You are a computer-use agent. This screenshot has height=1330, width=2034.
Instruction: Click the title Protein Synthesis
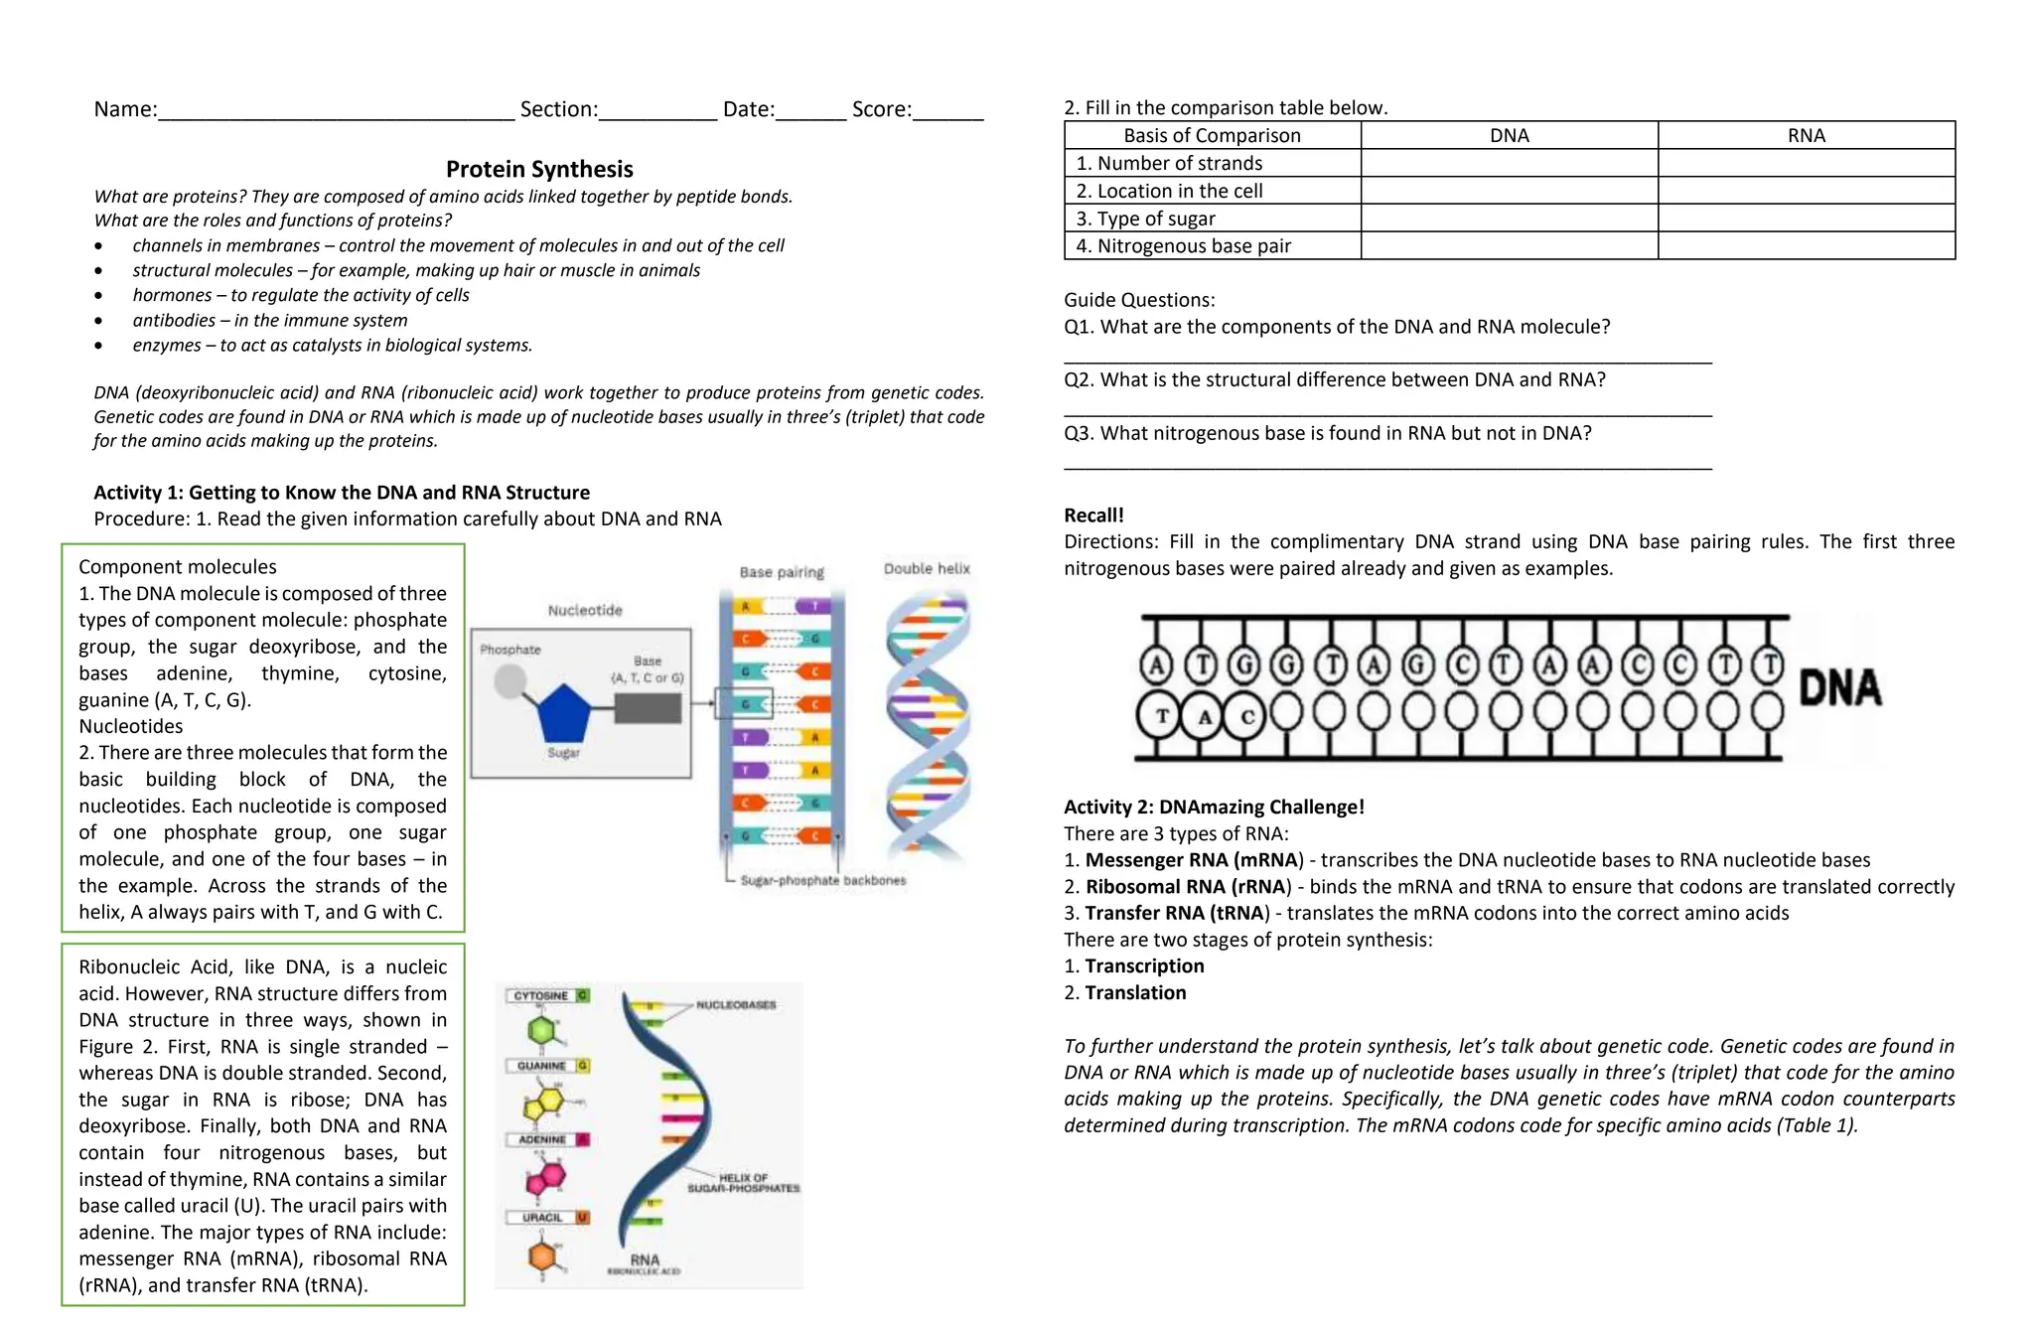coord(539,169)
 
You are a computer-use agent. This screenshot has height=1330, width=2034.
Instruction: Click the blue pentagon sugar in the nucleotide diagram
coord(563,713)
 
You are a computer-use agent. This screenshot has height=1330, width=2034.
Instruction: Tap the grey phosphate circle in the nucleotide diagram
coord(510,681)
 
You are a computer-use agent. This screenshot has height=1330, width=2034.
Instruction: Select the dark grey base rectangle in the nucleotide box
coord(648,708)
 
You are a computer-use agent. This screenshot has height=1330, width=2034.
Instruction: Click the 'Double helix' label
coord(927,568)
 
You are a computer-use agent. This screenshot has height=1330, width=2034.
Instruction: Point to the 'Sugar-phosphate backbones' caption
coord(822,880)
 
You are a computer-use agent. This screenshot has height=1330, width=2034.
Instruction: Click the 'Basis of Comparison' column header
coord(1212,135)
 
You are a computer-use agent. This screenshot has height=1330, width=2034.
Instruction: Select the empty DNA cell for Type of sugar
coord(1509,219)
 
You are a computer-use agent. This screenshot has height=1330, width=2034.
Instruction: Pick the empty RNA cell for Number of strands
coord(1806,163)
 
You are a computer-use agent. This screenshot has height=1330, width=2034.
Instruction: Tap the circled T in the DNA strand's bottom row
coord(1161,715)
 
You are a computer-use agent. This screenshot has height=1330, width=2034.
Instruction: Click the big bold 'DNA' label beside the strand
coord(1839,687)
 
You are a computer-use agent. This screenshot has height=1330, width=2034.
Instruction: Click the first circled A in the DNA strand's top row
coord(1155,665)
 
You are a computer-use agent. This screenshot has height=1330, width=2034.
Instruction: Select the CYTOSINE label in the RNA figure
coord(541,995)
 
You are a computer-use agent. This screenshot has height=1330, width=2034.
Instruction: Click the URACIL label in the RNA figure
coord(542,1217)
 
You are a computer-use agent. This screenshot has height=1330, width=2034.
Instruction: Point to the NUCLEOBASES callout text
coord(736,1005)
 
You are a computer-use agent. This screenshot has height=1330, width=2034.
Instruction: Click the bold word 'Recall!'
coord(1093,515)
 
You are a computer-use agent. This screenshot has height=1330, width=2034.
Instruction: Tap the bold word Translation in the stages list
coord(1135,992)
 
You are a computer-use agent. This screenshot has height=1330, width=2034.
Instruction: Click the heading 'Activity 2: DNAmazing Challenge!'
coord(1214,807)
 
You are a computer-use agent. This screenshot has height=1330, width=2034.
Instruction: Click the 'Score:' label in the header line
coord(881,109)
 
